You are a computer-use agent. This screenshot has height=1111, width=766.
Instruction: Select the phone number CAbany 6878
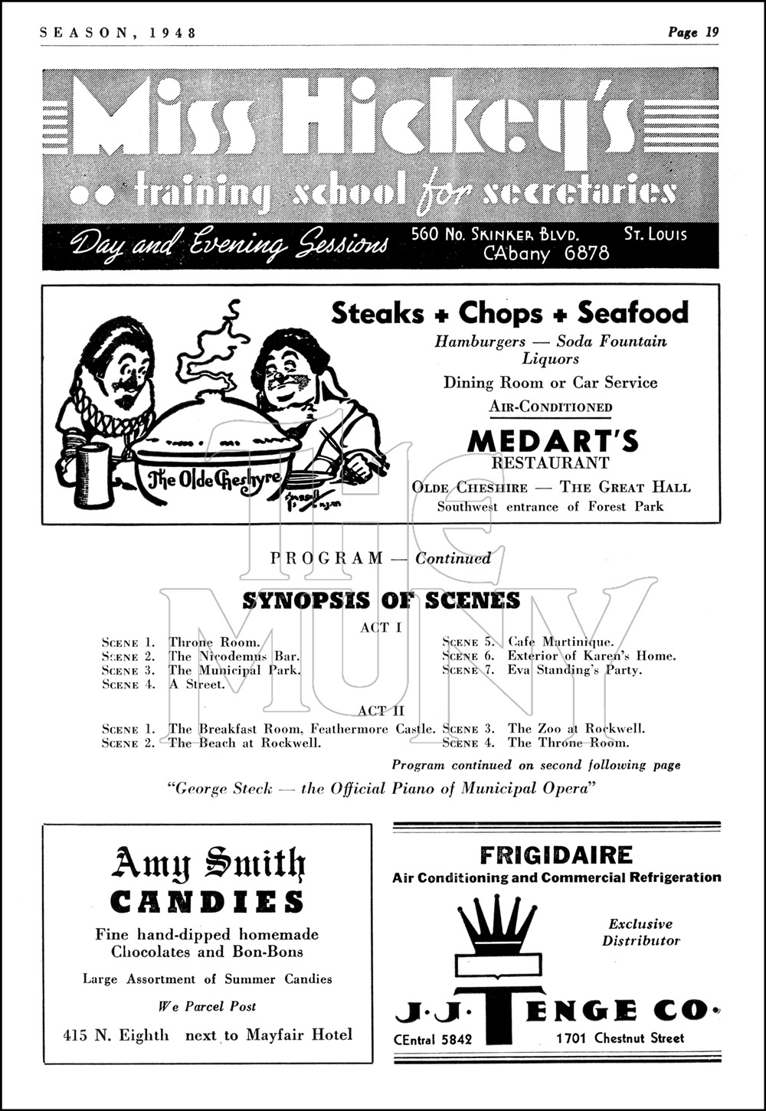tap(546, 253)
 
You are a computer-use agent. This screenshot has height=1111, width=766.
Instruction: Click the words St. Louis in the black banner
tap(655, 234)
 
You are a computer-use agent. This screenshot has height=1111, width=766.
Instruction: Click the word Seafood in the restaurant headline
tap(633, 312)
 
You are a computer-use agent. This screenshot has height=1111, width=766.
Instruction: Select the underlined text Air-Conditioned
tap(551, 407)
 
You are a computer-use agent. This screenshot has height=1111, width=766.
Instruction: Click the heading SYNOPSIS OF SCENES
tap(381, 600)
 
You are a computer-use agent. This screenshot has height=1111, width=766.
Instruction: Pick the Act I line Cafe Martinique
tap(560, 642)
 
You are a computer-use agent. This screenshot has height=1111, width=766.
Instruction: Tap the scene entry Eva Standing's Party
tap(574, 669)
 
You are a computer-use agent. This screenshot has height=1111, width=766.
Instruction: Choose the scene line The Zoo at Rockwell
tap(576, 728)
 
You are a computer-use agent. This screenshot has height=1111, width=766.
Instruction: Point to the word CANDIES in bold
tap(208, 902)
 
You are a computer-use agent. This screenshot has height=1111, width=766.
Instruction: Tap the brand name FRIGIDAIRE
tap(556, 854)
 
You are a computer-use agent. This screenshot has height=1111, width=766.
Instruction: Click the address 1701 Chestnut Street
tap(620, 1038)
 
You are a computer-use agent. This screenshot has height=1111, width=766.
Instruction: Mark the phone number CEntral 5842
tap(434, 1039)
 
